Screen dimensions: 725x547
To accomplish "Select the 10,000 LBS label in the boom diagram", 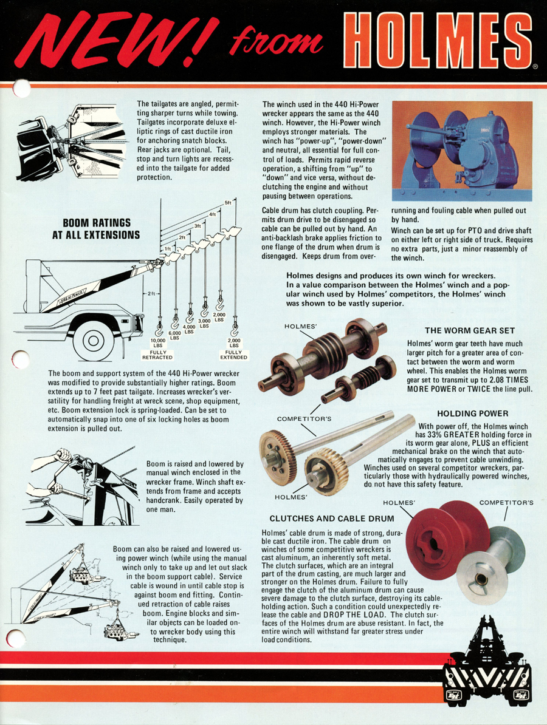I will pyautogui.click(x=158, y=343).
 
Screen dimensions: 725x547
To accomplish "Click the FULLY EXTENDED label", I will pyautogui.click(x=233, y=355).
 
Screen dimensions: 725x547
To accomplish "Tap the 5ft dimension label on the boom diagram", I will pyautogui.click(x=228, y=202).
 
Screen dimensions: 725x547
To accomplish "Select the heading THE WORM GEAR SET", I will pyautogui.click(x=469, y=331).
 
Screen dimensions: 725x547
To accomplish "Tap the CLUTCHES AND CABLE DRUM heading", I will pyautogui.click(x=332, y=519).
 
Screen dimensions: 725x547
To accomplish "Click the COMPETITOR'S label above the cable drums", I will pyautogui.click(x=506, y=503).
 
